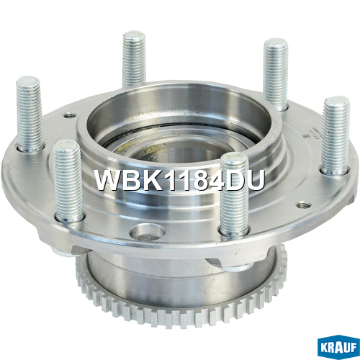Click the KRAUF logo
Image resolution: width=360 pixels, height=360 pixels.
(338, 347)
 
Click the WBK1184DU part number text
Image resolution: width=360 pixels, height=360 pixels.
(180, 180)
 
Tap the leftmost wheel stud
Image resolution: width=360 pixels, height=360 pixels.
(30, 114)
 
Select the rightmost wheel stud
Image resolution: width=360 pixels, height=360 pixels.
(336, 135)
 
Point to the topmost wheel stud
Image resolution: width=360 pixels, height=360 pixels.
(134, 59)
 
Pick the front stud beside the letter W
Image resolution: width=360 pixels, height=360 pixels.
(68, 181)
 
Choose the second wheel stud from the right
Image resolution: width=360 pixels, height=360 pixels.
(276, 74)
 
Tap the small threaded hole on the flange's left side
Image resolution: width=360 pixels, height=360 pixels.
(69, 116)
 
